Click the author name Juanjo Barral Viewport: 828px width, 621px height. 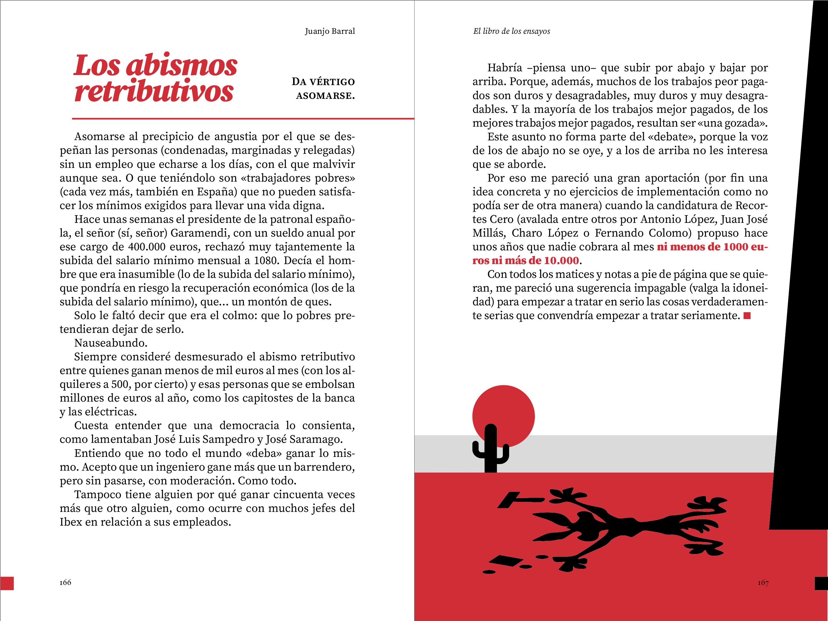329,31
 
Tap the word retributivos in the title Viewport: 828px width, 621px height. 154,91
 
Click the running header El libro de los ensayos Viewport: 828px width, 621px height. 511,31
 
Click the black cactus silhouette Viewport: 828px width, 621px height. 490,449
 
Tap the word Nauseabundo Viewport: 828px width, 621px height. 110,343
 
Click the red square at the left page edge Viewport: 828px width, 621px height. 7,583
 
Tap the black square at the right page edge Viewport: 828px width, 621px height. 822,583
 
